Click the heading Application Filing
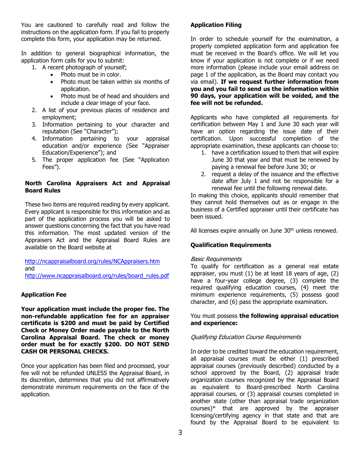pos(216,25)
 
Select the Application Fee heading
pos(44,295)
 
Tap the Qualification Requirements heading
pos(230,245)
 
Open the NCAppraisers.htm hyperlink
pos(92,261)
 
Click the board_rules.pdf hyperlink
pos(97,276)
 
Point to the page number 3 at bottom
pos(180,433)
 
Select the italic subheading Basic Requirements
pos(216,259)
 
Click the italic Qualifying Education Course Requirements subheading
pos(246,337)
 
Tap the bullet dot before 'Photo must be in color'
pos(52,75)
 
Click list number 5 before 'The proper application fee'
pos(34,160)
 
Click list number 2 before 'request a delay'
pos(203,174)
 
